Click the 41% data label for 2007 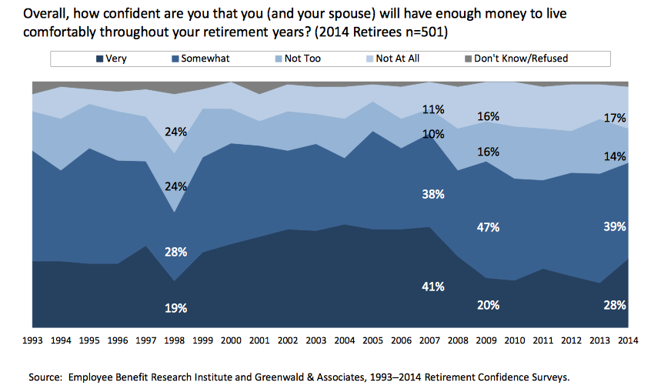(432, 286)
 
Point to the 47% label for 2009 (488, 227)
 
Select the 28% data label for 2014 (615, 304)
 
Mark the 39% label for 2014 (615, 227)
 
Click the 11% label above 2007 (432, 109)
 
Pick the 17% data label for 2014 (615, 119)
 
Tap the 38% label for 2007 (432, 194)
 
